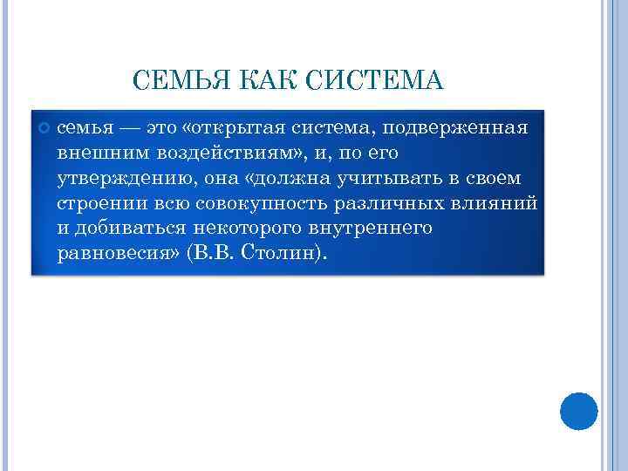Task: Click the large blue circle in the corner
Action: [578, 411]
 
